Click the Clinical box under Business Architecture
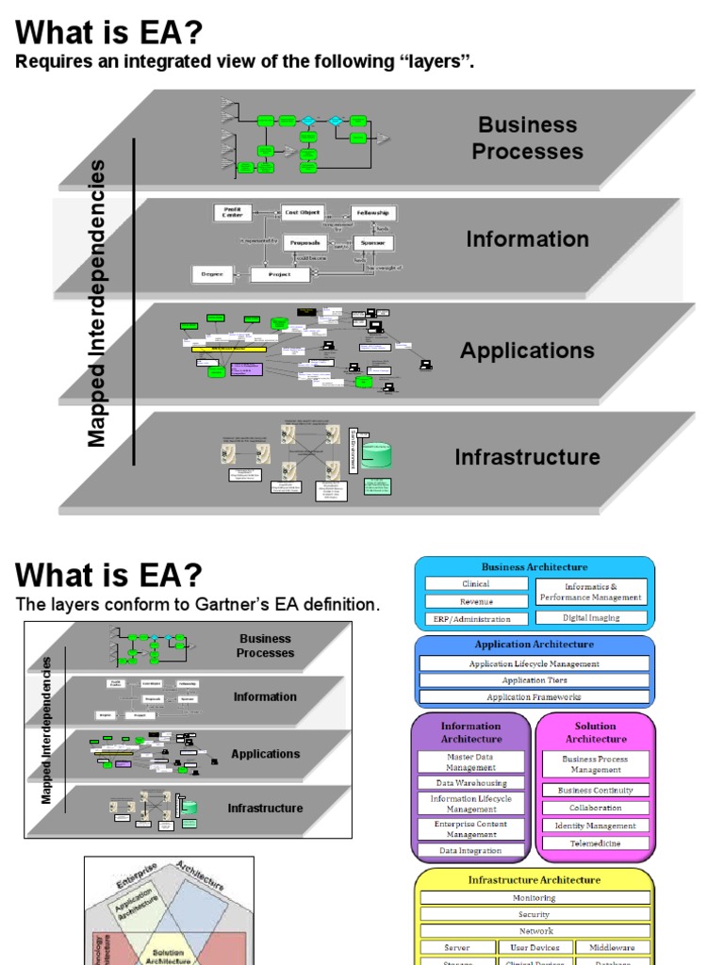coord(475,584)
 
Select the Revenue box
coord(475,601)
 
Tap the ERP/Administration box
coord(472,619)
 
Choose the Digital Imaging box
coord(592,618)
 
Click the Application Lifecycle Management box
coord(535,663)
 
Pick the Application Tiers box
coord(535,680)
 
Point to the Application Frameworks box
coord(535,697)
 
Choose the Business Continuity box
coord(596,791)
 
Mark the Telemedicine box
coord(596,843)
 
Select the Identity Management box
coord(596,826)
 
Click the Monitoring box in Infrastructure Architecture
coord(535,898)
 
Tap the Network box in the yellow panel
coord(535,931)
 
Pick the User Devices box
coord(535,947)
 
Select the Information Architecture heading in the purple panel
coord(470,732)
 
